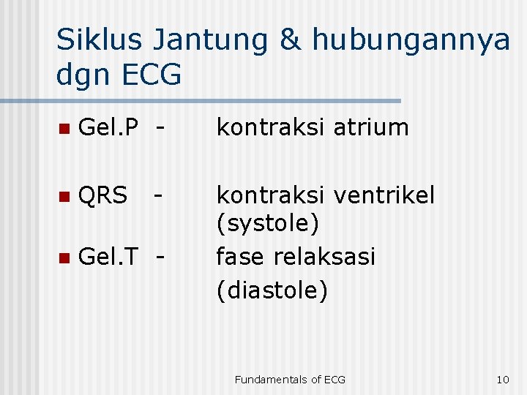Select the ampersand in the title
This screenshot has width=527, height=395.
[x=291, y=39]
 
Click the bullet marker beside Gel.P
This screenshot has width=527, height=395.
[x=64, y=129]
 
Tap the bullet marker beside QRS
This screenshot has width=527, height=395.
[x=64, y=196]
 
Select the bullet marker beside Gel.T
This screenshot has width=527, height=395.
[x=64, y=257]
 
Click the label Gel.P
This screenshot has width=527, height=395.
[x=108, y=127]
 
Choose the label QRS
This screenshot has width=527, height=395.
[x=102, y=195]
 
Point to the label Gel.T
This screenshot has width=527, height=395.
[x=108, y=256]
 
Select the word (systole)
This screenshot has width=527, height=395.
[x=267, y=223]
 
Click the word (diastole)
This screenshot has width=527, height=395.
[x=272, y=290]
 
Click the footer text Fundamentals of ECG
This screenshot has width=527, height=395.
[x=290, y=379]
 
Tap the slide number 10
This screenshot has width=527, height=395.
[x=502, y=379]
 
